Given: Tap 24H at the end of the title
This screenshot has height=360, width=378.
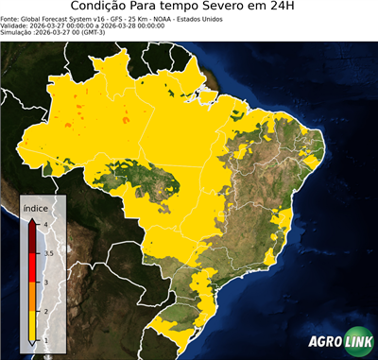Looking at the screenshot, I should tap(295, 8).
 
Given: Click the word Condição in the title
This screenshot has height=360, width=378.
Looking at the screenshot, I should tap(105, 8).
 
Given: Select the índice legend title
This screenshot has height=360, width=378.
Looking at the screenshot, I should tap(36, 206).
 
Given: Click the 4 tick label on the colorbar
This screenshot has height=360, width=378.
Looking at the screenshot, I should tap(44, 223).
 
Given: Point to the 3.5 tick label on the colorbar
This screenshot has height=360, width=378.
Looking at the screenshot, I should tap(47, 252).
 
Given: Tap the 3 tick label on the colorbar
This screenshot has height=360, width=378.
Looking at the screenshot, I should tap(44, 282).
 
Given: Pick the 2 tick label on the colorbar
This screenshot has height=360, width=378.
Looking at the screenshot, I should tap(44, 311).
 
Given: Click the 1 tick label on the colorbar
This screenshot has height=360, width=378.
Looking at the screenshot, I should tap(44, 340).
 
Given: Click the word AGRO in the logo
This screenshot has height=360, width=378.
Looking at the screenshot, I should tap(323, 342).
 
